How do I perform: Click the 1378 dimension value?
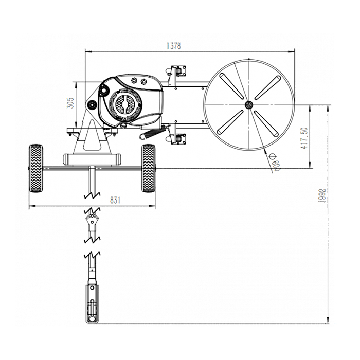coord(174,46)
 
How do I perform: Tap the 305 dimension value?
coord(71,103)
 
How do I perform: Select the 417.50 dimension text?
coord(304,138)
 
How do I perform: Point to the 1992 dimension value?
coord(322,195)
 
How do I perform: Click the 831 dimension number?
coord(115,200)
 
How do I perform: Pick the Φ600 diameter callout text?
coord(275,162)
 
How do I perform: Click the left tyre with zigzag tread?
coord(36,168)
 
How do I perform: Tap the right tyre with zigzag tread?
coord(148,168)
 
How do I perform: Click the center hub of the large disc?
coord(248,105)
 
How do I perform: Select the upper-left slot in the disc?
coord(231,86)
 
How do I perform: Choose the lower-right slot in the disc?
coord(266,124)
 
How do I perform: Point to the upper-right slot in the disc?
coord(267,88)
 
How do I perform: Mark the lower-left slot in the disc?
coord(230,122)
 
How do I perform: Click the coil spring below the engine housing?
coord(153,133)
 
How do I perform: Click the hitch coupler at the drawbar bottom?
coord(92,304)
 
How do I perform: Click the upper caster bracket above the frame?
coord(177,71)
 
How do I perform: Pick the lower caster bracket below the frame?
coord(176,139)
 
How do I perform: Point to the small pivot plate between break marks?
coord(92,220)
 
